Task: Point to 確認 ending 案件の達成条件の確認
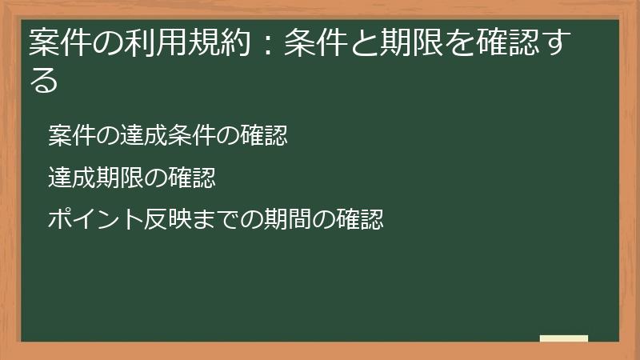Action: [x=264, y=136]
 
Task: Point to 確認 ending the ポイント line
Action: [x=359, y=219]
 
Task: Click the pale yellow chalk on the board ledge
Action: [x=563, y=338]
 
